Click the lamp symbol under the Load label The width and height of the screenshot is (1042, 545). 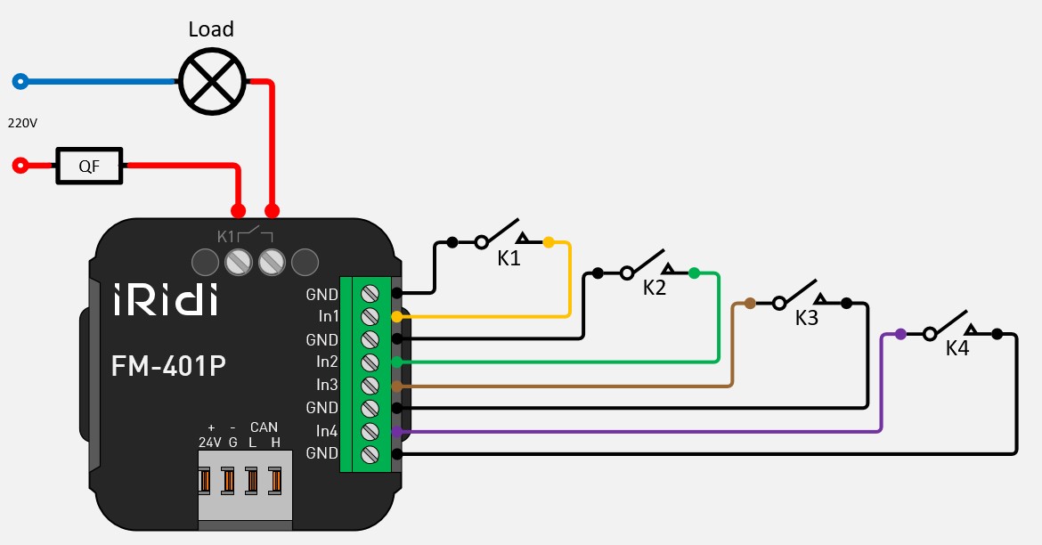211,81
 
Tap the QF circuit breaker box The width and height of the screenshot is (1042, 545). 90,165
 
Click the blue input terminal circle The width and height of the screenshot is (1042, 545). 20,82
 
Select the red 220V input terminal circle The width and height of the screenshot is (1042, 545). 20,165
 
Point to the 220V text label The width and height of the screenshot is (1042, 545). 22,123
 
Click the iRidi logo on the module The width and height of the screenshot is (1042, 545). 165,300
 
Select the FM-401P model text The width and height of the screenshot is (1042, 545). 168,366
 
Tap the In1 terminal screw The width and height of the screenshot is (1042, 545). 370,316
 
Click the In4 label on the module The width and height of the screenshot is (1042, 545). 327,431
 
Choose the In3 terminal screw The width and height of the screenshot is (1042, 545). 370,385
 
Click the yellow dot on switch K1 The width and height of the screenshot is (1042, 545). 549,241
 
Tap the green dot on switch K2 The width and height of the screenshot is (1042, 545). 694,272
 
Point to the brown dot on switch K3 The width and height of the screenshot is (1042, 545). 750,303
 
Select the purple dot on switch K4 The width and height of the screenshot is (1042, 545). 900,334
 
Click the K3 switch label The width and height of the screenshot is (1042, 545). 806,319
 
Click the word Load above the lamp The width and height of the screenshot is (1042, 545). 211,29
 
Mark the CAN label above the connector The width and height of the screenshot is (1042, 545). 264,427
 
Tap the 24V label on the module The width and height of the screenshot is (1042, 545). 209,442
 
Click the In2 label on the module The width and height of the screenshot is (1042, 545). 327,362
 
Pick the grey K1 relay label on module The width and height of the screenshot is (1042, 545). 225,237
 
